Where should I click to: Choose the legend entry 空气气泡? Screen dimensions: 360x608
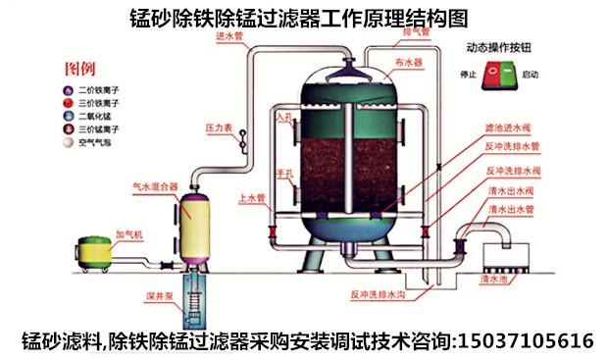point(97,141)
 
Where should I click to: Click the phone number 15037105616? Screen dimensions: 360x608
point(525,340)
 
